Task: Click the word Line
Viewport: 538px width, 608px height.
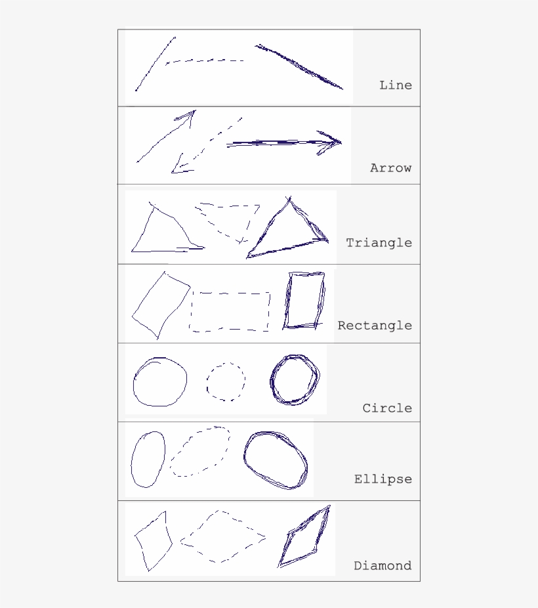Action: point(396,85)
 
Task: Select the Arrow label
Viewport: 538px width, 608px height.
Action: point(391,167)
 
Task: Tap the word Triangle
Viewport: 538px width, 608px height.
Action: point(379,242)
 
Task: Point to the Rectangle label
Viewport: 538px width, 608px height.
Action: point(375,325)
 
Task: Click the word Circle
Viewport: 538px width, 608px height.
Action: point(387,408)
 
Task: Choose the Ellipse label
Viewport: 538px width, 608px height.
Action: point(383,479)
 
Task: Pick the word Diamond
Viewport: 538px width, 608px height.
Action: point(383,565)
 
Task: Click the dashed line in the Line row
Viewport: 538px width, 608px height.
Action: point(205,60)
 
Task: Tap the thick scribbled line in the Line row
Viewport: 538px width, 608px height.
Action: point(299,66)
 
